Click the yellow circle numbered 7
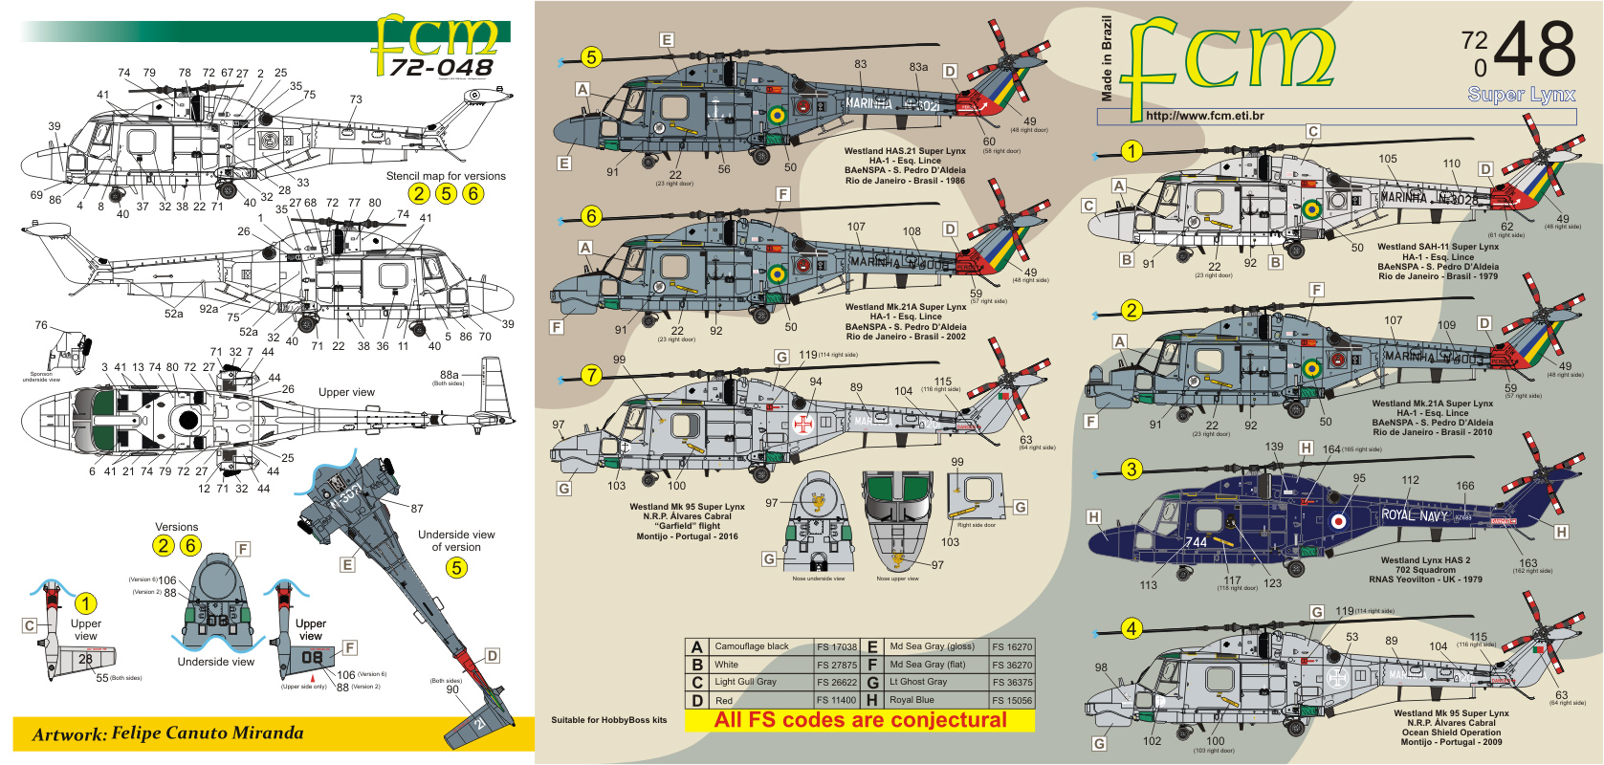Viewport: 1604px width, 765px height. [x=591, y=375]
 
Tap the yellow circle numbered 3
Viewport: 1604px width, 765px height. [x=1132, y=469]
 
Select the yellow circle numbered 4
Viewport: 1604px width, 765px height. [x=1132, y=628]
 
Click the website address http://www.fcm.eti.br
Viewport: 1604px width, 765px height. [x=1204, y=116]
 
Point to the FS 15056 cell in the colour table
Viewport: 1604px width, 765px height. [x=1012, y=700]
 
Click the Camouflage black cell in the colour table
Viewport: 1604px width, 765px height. [x=752, y=646]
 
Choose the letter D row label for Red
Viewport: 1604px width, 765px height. [x=697, y=701]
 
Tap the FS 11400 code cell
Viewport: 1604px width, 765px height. [x=837, y=700]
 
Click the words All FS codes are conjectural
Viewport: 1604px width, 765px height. [x=860, y=720]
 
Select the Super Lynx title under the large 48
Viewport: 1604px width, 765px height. [x=1521, y=94]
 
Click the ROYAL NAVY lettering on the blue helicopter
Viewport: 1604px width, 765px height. [x=1414, y=515]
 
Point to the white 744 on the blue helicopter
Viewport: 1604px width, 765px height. [x=1197, y=542]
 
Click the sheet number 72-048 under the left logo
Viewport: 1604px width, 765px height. [x=441, y=67]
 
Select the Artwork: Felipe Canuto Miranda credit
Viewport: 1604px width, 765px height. [x=167, y=733]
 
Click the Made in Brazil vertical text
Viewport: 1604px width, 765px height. [x=1107, y=58]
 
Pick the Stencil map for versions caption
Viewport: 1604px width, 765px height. [x=446, y=176]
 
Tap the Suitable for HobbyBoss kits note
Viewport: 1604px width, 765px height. [x=608, y=720]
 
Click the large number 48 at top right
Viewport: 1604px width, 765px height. [x=1534, y=50]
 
